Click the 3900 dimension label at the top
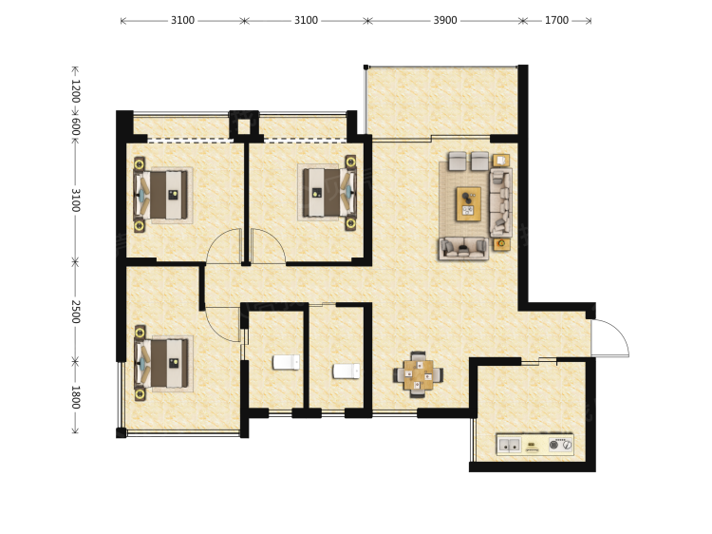click(x=445, y=21)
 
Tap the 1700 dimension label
click(x=556, y=21)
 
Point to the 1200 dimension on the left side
click(x=75, y=91)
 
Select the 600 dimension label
click(x=75, y=126)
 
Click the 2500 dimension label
click(x=75, y=312)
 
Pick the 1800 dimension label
click(x=75, y=397)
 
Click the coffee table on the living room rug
click(x=469, y=203)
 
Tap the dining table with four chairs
click(x=418, y=374)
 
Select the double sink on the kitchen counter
click(x=509, y=445)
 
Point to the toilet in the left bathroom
click(x=286, y=362)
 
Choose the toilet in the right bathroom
click(x=346, y=371)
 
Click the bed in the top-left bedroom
click(x=161, y=195)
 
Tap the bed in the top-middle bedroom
click(x=329, y=192)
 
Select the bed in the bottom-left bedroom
click(x=161, y=363)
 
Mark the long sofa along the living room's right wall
click(x=501, y=202)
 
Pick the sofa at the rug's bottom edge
click(x=463, y=248)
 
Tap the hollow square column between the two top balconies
click(x=244, y=125)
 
